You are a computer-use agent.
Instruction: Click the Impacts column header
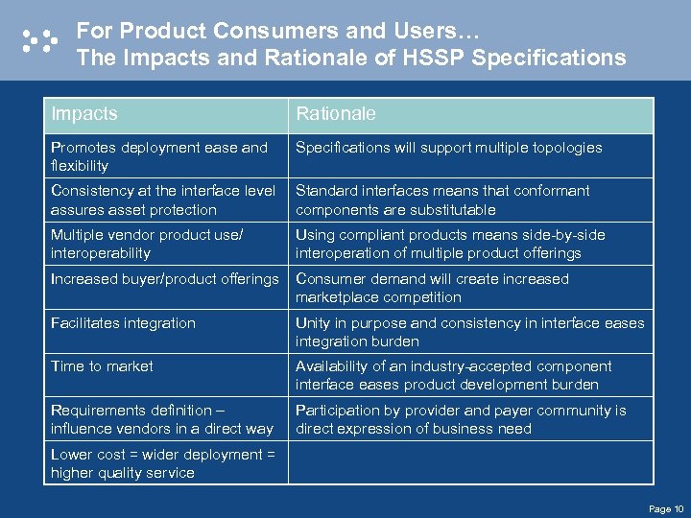(84, 114)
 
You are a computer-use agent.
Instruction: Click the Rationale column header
(336, 114)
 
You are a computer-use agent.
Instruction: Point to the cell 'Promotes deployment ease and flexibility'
(159, 156)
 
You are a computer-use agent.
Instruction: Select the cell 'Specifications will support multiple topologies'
(448, 148)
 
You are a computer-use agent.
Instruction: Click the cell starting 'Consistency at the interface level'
(162, 200)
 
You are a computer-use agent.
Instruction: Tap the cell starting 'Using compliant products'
(450, 244)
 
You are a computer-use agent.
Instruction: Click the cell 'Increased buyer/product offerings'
(164, 279)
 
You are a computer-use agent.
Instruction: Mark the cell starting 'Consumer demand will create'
(432, 288)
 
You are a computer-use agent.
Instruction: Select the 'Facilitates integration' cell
(123, 323)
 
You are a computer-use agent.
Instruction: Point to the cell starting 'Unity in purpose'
(469, 332)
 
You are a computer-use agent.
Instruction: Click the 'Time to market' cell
(102, 366)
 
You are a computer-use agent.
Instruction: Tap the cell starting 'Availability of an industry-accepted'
(453, 375)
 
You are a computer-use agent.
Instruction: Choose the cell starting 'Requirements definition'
(161, 419)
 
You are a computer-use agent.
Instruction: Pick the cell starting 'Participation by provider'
(461, 419)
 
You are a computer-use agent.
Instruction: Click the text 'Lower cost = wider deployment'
(162, 455)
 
